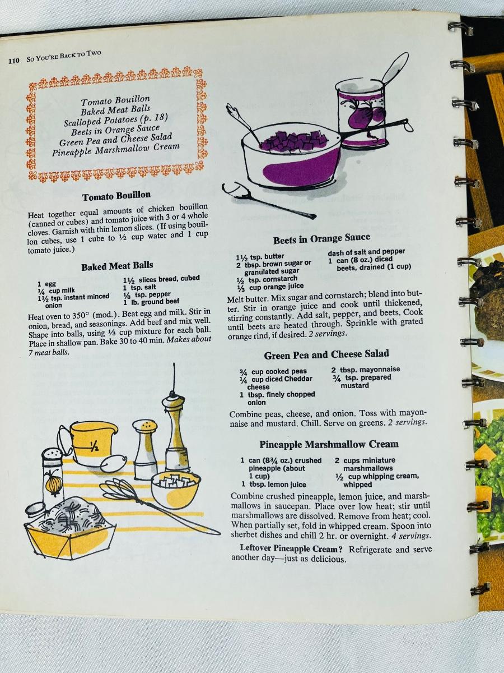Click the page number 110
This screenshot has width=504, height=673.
pos(14,61)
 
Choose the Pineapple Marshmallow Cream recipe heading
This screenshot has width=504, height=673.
pos(329,445)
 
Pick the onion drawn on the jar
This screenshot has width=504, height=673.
pos(54,483)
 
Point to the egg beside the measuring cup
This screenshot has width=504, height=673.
pos(114,463)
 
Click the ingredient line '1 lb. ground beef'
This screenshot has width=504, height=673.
pos(151,302)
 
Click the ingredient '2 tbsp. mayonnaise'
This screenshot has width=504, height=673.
pos(366,370)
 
